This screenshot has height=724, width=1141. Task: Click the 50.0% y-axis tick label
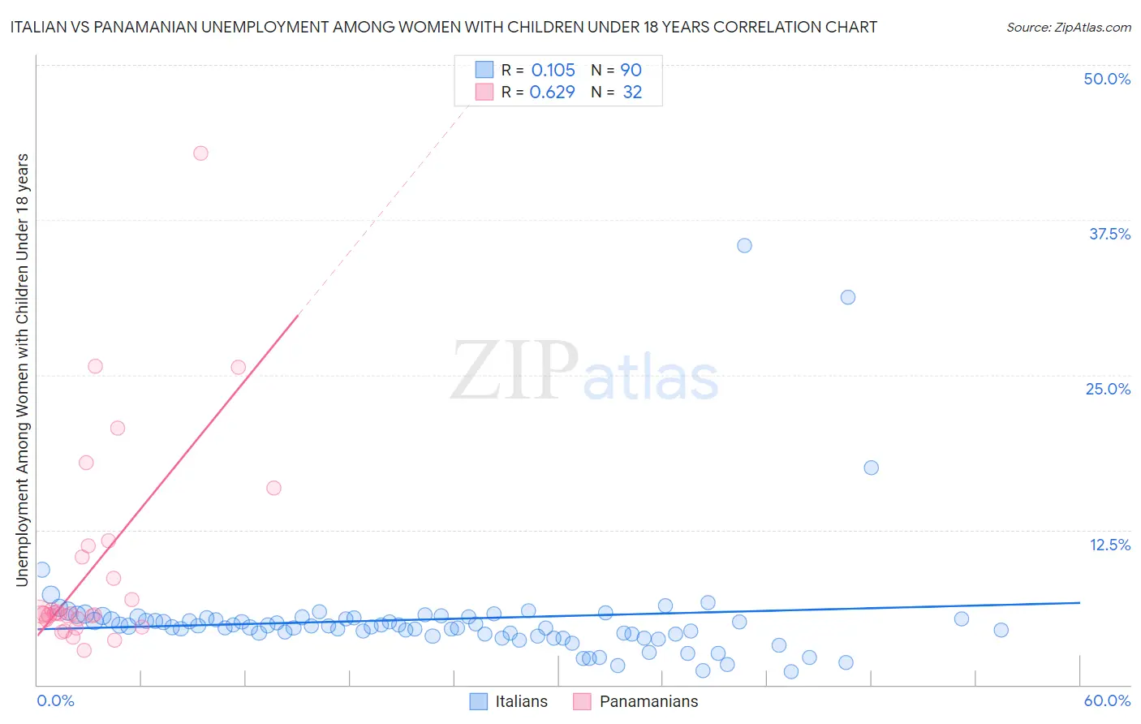click(1107, 79)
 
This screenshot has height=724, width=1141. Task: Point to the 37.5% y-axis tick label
click(1109, 234)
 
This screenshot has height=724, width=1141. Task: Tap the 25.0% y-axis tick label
click(1108, 389)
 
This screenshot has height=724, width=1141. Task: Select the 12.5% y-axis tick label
click(1109, 545)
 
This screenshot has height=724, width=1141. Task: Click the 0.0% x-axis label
click(55, 700)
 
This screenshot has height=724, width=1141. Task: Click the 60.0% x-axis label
click(1107, 700)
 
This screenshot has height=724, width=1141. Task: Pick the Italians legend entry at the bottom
click(509, 701)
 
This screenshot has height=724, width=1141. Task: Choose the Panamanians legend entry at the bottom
click(635, 701)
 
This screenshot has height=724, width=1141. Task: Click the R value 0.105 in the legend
click(553, 70)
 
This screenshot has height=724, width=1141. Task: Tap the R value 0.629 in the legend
click(552, 92)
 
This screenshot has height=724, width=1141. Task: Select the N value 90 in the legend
click(631, 70)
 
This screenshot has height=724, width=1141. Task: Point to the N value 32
click(632, 92)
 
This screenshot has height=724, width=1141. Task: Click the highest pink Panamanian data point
click(200, 153)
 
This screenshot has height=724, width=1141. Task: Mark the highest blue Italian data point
click(744, 245)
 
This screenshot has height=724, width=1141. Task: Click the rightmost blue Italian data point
click(1001, 630)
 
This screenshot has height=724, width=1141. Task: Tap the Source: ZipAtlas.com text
click(1068, 27)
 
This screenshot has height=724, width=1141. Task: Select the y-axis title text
click(22, 369)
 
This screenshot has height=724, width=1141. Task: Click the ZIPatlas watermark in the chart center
click(584, 370)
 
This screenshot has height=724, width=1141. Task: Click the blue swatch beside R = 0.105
click(484, 70)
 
